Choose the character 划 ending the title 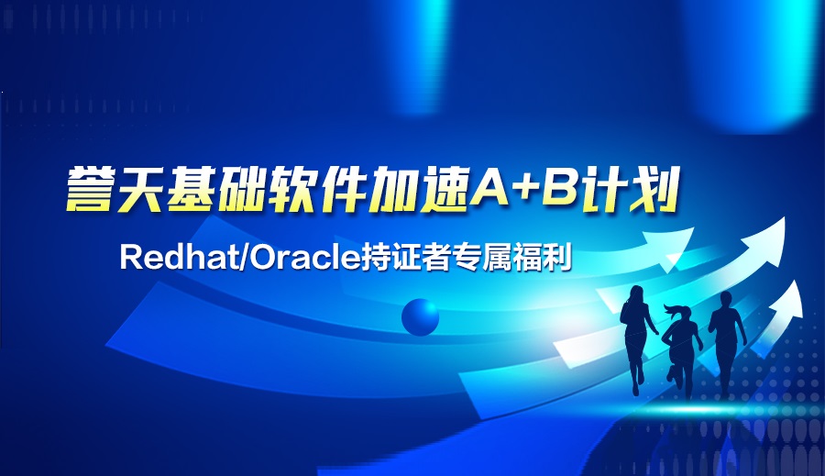pos(653,190)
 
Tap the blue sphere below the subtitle pos(420,317)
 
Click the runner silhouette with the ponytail pos(682,347)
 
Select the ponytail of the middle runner pos(671,309)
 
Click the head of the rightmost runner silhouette pos(726,301)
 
